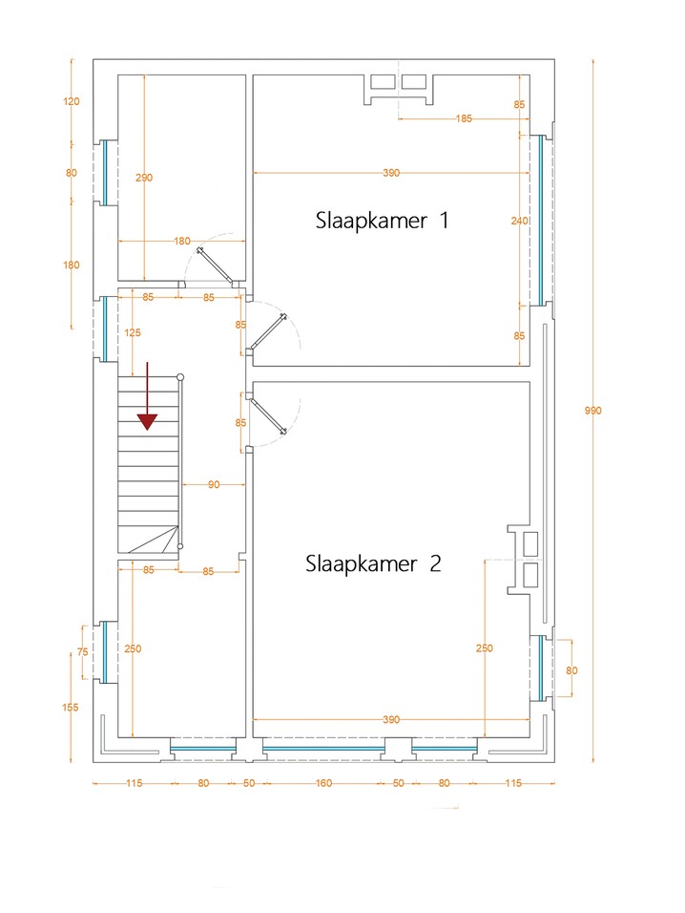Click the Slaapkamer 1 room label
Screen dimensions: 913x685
(382, 221)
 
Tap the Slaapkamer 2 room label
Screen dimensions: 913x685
(373, 563)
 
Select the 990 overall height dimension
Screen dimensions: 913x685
(592, 411)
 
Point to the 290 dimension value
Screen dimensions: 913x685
(144, 178)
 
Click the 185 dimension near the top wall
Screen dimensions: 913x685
(464, 118)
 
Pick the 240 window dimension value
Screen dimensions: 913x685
(519, 221)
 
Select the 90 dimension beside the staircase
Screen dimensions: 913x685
(214, 485)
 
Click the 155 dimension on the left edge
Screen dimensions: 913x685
(72, 708)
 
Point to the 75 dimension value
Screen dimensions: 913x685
(82, 652)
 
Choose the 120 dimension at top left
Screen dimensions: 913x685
(72, 100)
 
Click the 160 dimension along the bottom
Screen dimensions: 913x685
(323, 784)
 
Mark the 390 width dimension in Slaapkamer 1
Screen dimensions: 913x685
(391, 173)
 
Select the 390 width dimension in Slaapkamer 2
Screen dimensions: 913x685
(391, 719)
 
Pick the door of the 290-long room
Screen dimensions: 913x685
(216, 265)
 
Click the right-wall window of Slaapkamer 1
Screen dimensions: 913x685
(540, 218)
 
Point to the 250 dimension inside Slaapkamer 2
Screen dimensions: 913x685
(485, 648)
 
